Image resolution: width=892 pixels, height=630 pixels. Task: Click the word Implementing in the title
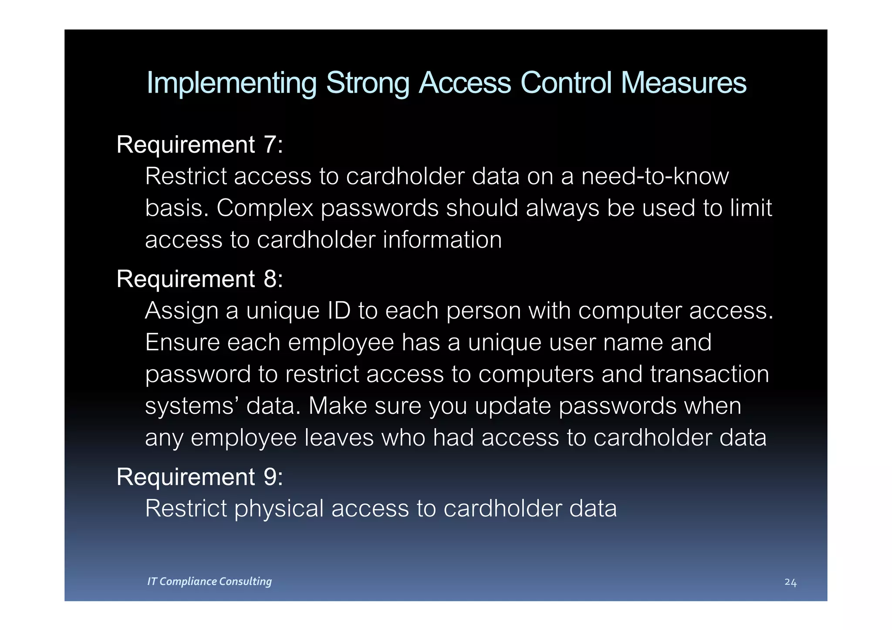[231, 83]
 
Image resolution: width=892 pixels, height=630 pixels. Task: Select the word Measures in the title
[683, 83]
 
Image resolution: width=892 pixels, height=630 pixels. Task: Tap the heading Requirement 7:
[199, 144]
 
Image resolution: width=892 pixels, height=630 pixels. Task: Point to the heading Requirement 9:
[199, 476]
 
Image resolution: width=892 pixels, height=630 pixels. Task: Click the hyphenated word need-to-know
[655, 176]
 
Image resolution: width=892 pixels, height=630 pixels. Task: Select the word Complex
[264, 208]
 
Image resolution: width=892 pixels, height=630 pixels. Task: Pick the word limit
[750, 208]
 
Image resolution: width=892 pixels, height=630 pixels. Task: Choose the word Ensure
[182, 342]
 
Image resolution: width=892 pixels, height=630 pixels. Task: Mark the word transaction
[710, 374]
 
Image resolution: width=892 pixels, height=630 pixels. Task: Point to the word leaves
[339, 438]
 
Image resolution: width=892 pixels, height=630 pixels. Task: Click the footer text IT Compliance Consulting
[209, 581]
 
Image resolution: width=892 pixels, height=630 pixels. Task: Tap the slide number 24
[790, 582]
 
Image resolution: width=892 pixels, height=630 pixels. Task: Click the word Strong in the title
[368, 83]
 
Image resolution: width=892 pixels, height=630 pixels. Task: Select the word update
[513, 406]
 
